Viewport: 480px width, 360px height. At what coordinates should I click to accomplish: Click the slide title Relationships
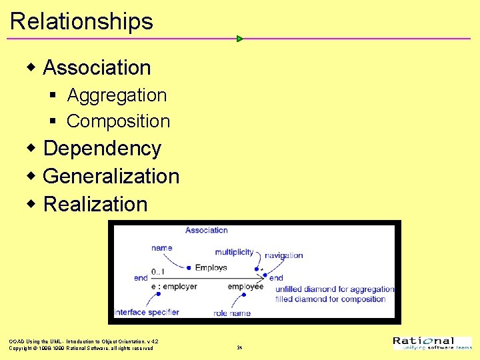pyautogui.click(x=81, y=21)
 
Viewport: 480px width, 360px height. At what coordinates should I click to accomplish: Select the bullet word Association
pyautogui.click(x=97, y=67)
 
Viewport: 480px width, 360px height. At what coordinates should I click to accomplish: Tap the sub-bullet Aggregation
pyautogui.click(x=117, y=95)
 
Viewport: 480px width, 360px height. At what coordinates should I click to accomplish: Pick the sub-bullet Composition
pyautogui.click(x=119, y=121)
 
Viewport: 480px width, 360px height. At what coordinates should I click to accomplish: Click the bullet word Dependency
pyautogui.click(x=102, y=148)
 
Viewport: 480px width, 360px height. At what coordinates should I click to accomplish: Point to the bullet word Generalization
pyautogui.click(x=111, y=176)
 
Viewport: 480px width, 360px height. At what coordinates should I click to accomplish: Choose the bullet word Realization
pyautogui.click(x=95, y=204)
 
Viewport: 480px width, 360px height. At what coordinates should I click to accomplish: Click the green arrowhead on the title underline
pyautogui.click(x=240, y=39)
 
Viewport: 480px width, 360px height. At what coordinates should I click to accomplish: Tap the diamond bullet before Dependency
pyautogui.click(x=31, y=148)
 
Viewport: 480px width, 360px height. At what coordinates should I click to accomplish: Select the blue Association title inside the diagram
pyautogui.click(x=207, y=230)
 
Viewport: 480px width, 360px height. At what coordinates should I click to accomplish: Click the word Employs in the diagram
pyautogui.click(x=211, y=268)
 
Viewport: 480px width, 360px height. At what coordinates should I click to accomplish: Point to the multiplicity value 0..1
pyautogui.click(x=159, y=271)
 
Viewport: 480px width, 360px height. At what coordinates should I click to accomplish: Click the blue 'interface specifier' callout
pyautogui.click(x=147, y=312)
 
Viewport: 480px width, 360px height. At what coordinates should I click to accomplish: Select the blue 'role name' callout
pyautogui.click(x=232, y=313)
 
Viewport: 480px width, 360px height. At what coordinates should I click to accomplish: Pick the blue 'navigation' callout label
pyautogui.click(x=284, y=255)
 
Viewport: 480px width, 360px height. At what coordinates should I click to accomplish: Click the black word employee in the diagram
pyautogui.click(x=245, y=287)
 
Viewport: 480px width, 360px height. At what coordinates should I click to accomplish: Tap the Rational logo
pyautogui.click(x=432, y=343)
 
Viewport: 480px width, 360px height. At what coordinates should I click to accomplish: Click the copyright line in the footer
pyautogui.click(x=81, y=348)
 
